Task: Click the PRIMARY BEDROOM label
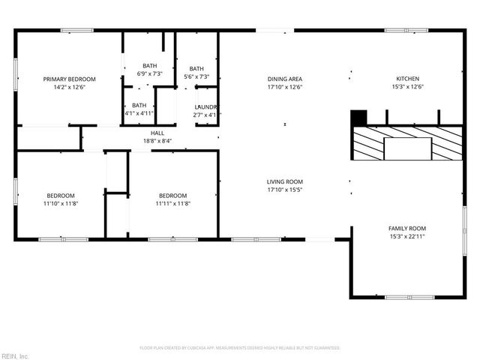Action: click(69, 79)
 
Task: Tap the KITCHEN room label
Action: click(407, 79)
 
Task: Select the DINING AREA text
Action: click(285, 79)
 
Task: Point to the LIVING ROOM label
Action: click(285, 181)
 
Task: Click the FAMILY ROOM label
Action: click(407, 228)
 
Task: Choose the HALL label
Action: click(157, 133)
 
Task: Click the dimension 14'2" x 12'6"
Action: click(69, 87)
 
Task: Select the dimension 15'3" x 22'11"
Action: click(407, 236)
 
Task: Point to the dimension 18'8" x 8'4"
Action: click(157, 141)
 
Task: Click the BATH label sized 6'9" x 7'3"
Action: click(150, 66)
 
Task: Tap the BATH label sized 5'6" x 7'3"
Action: click(196, 68)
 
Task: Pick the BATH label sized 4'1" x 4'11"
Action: click(139, 105)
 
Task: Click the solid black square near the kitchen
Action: click(359, 118)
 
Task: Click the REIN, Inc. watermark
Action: click(15, 355)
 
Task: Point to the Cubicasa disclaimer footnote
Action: click(240, 348)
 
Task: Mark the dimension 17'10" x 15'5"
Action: click(285, 190)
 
